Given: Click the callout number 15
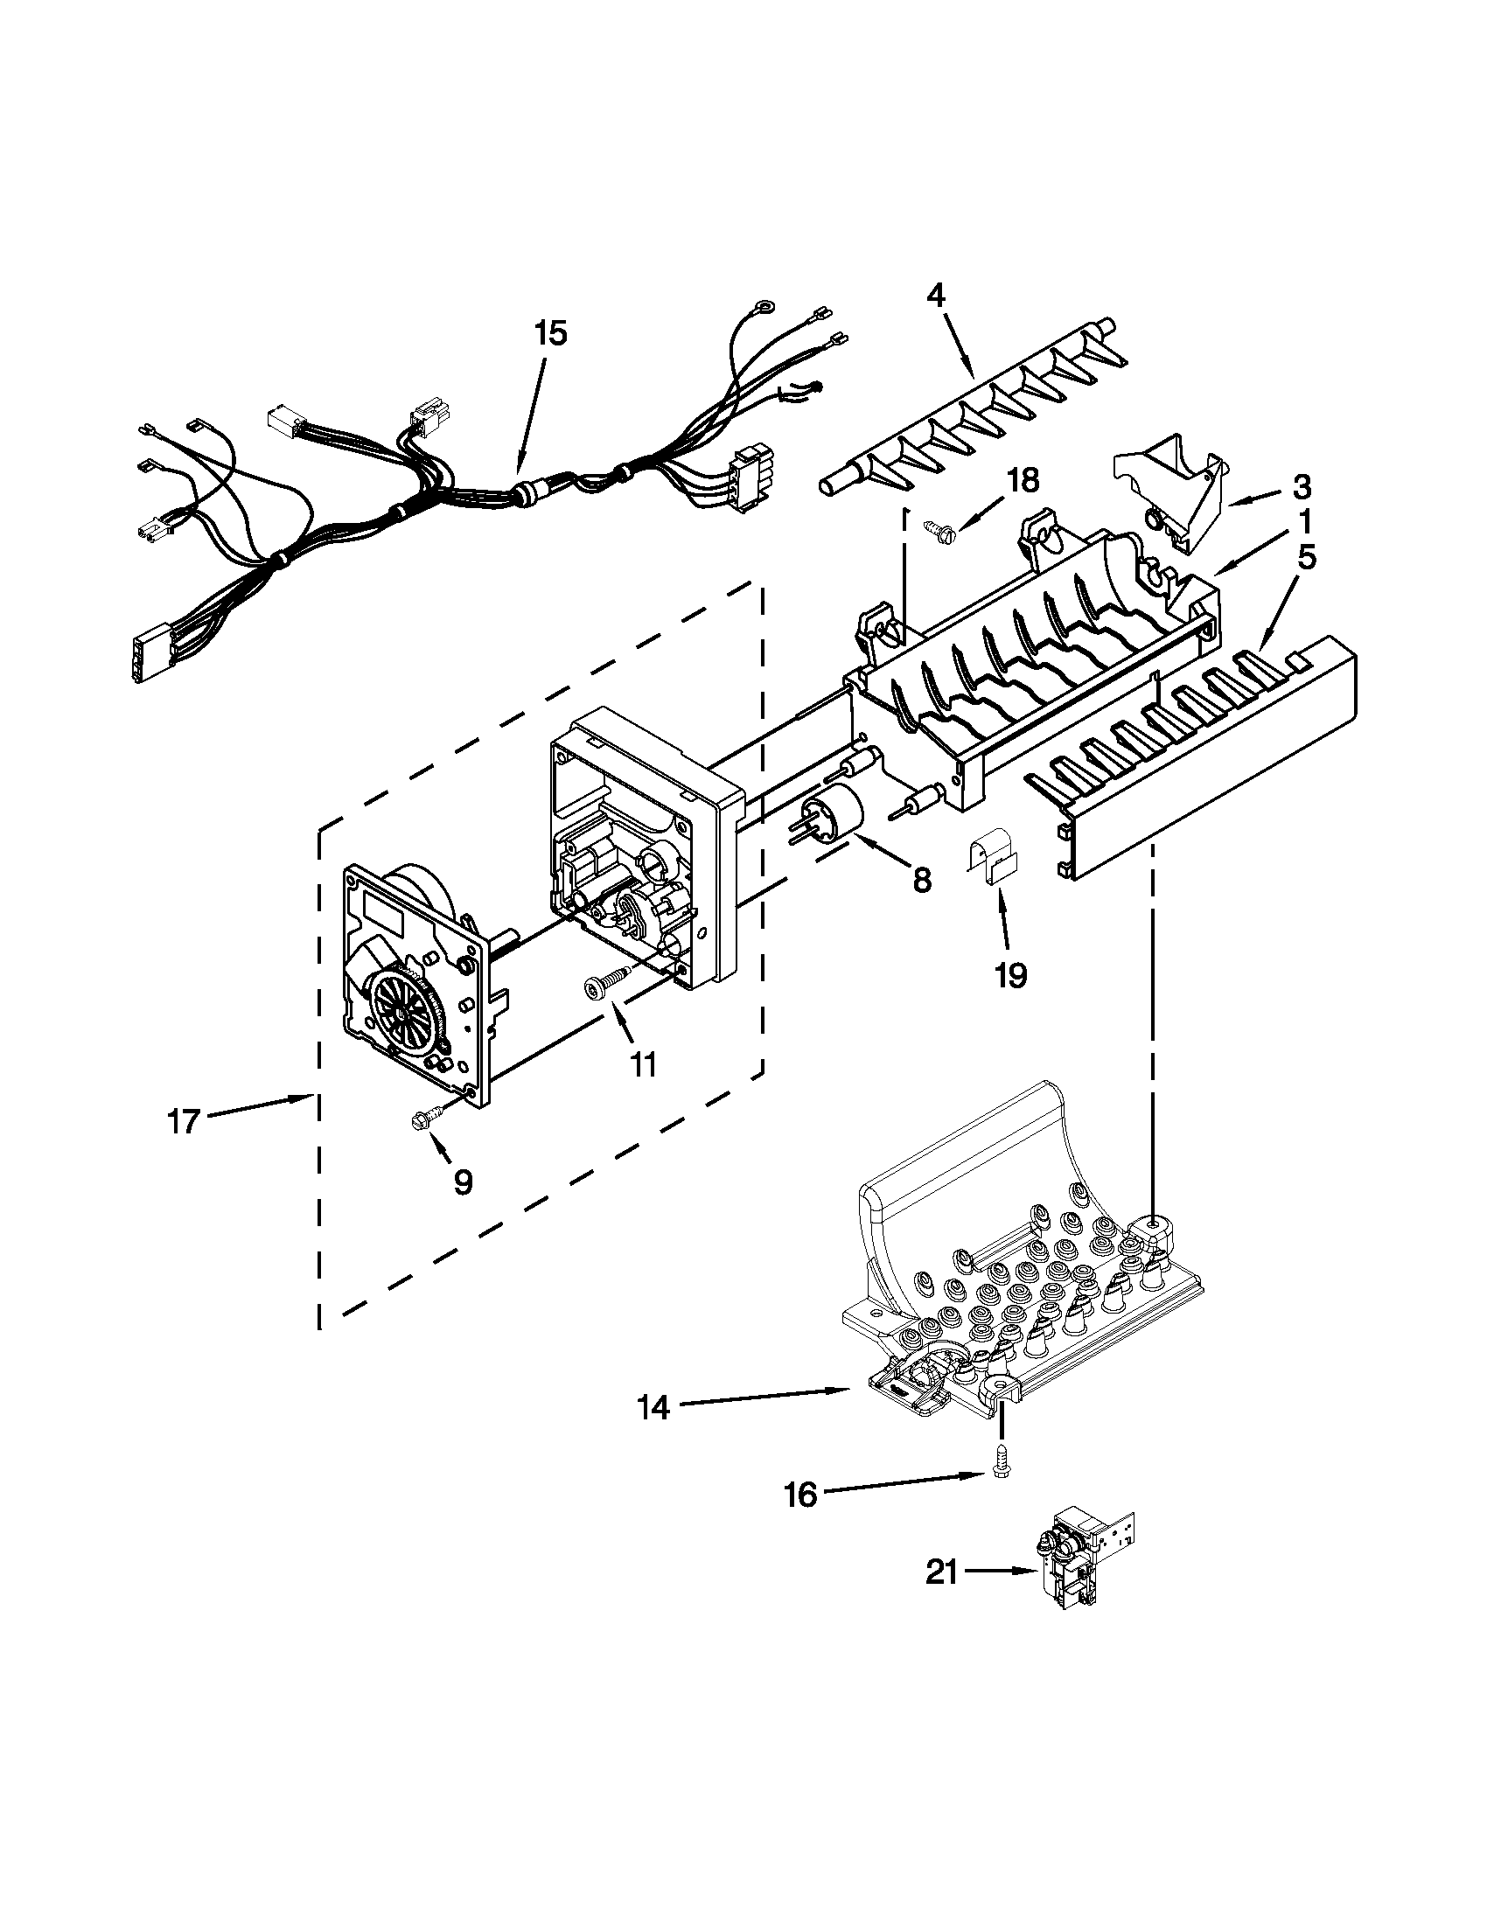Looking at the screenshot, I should [550, 334].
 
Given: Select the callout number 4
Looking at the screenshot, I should [937, 295].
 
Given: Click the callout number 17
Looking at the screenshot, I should [183, 1122].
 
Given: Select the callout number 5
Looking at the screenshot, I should [1306, 559].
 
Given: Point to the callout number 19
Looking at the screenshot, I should [1011, 975].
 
